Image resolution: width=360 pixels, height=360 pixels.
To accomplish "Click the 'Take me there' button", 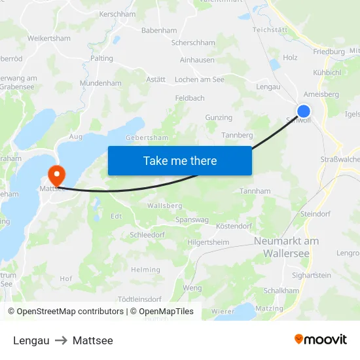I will [x=180, y=160].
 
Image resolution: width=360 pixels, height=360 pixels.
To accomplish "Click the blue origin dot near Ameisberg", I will [x=304, y=111].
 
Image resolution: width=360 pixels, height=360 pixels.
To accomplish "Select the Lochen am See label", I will [x=200, y=79].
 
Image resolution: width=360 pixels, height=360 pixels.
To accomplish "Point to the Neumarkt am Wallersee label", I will [x=286, y=247].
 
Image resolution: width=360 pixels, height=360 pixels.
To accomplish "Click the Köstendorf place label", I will [x=234, y=226].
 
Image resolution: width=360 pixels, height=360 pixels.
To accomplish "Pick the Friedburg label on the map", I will [x=329, y=51].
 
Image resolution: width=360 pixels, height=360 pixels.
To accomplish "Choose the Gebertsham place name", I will [x=147, y=138].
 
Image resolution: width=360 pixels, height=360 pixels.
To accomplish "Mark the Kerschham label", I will [x=117, y=14].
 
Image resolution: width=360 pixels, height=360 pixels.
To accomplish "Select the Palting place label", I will [x=101, y=58].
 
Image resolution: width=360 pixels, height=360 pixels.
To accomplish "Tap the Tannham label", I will [x=255, y=191].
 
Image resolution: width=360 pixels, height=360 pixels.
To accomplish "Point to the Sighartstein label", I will [x=312, y=276].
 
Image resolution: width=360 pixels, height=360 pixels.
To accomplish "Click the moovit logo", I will [x=321, y=340].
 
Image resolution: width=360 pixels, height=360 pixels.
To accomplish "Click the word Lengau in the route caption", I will [x=31, y=340].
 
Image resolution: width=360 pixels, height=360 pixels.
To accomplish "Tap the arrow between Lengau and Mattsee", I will [x=61, y=340].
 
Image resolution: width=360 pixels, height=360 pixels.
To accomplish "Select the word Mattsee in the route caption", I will [x=93, y=340].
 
